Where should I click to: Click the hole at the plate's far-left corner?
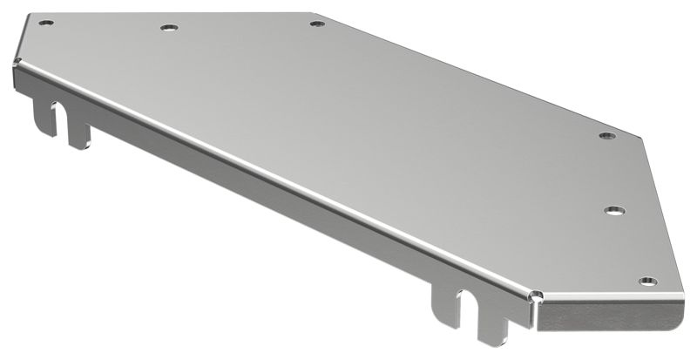[x=47, y=23]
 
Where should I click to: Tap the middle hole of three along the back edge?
[x=168, y=28]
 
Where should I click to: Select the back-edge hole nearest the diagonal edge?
[x=317, y=23]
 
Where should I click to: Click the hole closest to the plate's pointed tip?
[x=607, y=136]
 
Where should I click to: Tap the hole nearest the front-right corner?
[x=646, y=281]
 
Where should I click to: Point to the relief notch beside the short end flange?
[x=534, y=296]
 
